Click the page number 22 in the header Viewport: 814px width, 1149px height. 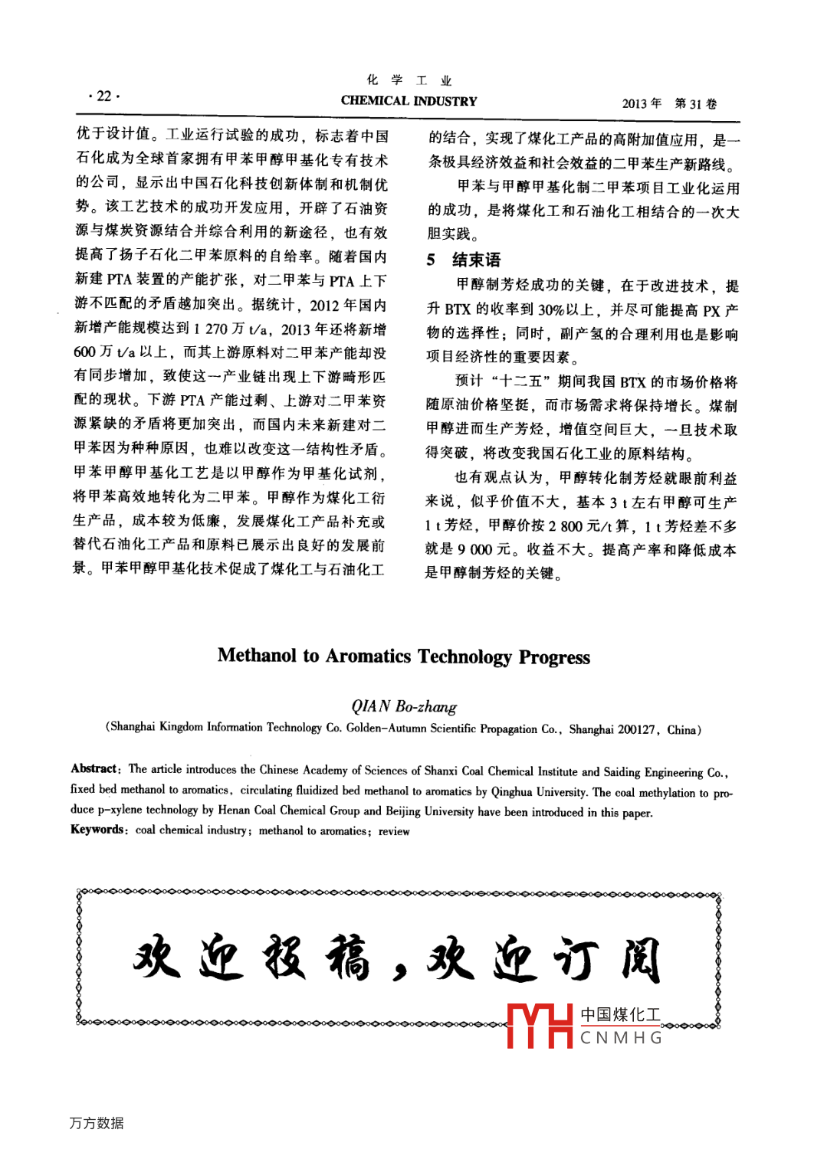coord(104,97)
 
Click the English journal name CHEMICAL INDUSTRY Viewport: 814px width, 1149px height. coord(409,100)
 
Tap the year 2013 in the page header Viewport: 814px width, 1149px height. coord(636,103)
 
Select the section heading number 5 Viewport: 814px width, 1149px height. coord(432,260)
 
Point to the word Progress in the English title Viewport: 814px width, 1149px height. coord(554,657)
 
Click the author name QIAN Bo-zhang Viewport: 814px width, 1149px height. coord(404,706)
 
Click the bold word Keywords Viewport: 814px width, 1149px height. coord(97,830)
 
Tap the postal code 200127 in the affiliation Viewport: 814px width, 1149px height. coord(636,729)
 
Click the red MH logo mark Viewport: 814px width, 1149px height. coord(540,1026)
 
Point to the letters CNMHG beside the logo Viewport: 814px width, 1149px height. coord(621,1038)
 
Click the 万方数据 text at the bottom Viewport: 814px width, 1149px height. coord(97,1123)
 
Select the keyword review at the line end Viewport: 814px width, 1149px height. coord(394,831)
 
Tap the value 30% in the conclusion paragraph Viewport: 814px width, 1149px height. coord(550,309)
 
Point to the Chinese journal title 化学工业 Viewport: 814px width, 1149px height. coord(409,80)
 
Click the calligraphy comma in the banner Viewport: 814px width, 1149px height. coord(399,971)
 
